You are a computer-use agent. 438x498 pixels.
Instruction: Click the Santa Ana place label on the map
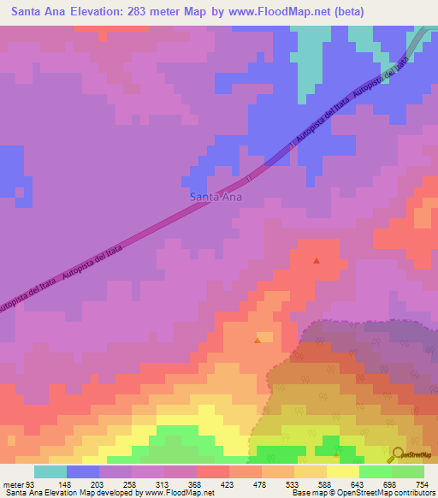tap(215, 197)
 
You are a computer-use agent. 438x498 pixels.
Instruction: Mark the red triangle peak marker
tap(317, 261)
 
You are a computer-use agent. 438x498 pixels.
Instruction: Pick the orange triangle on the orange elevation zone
tap(257, 341)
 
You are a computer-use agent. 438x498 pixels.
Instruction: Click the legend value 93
tap(32, 483)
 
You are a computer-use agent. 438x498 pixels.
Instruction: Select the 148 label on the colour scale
tap(66, 483)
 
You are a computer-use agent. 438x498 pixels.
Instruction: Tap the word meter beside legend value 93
tap(12, 483)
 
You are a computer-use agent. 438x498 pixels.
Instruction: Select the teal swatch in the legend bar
tap(50, 471)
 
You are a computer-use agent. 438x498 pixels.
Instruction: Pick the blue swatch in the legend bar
tap(83, 471)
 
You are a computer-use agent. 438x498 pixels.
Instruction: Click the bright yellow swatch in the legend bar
tap(342, 471)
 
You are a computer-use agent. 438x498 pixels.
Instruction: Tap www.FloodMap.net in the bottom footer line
tap(179, 493)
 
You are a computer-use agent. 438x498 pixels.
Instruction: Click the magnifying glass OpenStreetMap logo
tap(398, 454)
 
